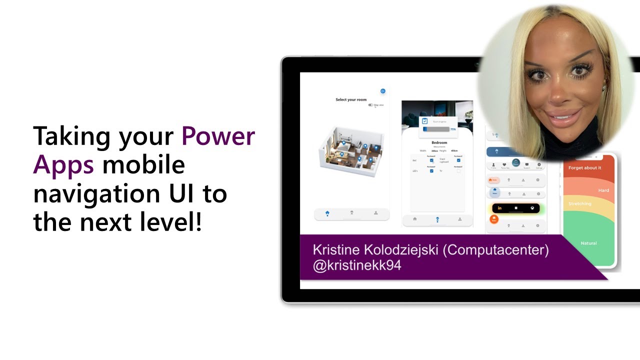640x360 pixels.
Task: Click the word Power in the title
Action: [218, 136]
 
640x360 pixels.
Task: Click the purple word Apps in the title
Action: [63, 164]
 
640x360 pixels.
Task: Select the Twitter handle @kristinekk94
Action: [356, 265]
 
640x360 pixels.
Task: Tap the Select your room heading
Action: [351, 99]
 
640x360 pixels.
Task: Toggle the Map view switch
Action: [371, 105]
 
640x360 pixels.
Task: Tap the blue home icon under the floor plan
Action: [327, 213]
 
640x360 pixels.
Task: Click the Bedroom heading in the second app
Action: [439, 142]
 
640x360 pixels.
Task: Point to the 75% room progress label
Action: [453, 129]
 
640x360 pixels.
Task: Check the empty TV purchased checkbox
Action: [458, 171]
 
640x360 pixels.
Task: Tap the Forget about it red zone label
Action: [584, 168]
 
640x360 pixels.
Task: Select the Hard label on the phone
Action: [603, 190]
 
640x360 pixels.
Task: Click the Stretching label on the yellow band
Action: [580, 204]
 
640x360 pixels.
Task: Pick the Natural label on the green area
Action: [588, 243]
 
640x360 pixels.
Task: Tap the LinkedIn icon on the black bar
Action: [499, 208]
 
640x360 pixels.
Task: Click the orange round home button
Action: [494, 219]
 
